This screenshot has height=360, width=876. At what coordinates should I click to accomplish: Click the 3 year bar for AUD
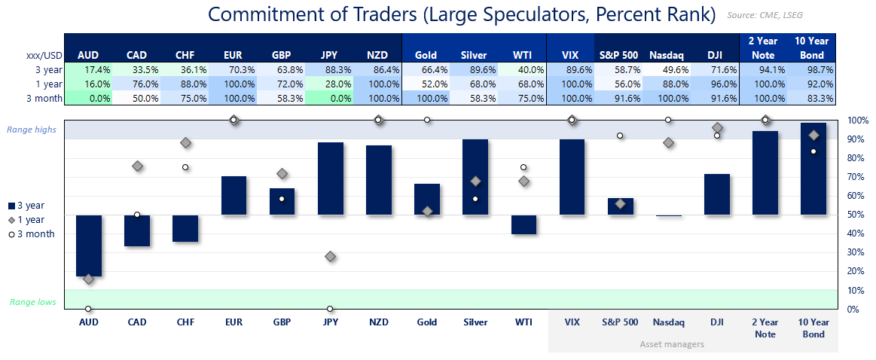88,246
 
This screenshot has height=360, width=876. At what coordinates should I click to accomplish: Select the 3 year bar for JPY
330,178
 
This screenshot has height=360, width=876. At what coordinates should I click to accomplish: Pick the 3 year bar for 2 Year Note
765,173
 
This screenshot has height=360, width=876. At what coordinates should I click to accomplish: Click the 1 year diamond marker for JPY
330,257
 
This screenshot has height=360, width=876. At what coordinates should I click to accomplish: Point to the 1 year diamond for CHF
185,143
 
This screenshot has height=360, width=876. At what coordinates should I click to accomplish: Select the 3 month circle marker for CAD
137,215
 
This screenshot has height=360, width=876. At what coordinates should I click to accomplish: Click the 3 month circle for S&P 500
620,136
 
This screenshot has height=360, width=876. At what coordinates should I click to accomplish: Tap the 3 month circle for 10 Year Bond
813,151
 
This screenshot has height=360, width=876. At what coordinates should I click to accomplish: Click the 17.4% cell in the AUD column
88,69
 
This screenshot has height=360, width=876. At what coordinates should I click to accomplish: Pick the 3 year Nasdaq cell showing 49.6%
667,69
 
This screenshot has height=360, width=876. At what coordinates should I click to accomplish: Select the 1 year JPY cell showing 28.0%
330,84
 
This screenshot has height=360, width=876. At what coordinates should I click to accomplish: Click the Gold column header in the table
426,55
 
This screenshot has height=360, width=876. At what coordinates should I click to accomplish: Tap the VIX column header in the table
571,55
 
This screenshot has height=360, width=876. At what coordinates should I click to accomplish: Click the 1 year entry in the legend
30,220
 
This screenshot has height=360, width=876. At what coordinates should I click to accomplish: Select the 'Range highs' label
32,130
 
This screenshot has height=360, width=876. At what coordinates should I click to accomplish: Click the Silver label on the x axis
475,322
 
